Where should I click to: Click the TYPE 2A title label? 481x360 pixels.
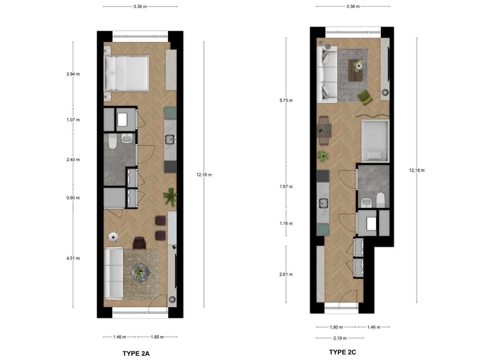(x=136, y=353)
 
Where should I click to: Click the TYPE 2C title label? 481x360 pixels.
(x=342, y=352)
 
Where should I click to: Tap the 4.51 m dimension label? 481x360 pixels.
(x=73, y=258)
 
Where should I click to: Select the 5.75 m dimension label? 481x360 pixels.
(x=286, y=100)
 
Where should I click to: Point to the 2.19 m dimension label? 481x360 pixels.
(x=340, y=338)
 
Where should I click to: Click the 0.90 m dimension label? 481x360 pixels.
(x=73, y=198)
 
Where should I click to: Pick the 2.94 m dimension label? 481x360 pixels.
(x=73, y=74)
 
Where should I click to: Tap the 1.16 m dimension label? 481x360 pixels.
(x=286, y=223)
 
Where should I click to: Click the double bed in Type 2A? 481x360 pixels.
(x=126, y=73)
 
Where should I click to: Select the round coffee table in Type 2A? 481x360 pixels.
(x=140, y=273)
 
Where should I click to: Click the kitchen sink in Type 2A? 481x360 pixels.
(x=170, y=139)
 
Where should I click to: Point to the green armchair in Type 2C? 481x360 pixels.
(x=365, y=98)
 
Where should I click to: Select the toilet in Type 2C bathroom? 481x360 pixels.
(x=380, y=200)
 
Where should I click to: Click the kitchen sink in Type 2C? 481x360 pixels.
(x=323, y=203)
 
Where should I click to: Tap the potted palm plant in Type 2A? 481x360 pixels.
(x=170, y=197)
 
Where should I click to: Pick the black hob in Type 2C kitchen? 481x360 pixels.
(x=323, y=176)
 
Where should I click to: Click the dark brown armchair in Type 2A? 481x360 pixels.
(x=139, y=243)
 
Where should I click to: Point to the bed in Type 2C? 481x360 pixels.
(x=375, y=141)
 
